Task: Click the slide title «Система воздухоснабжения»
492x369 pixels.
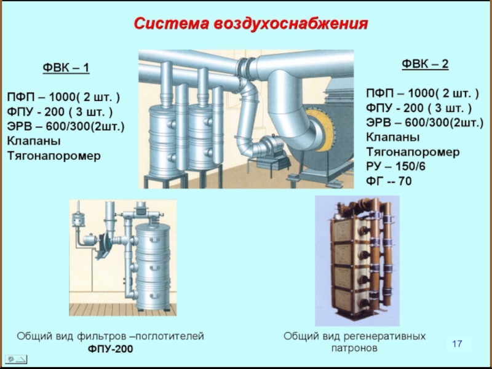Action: coord(251,24)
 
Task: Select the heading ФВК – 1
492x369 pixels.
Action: coord(65,67)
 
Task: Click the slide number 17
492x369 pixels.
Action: coord(456,343)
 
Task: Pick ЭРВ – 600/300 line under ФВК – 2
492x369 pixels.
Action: coord(424,122)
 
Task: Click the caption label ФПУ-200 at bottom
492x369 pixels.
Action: coord(110,349)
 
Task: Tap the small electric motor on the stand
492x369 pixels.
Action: coord(268,146)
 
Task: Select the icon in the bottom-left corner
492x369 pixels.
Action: coord(17,359)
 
